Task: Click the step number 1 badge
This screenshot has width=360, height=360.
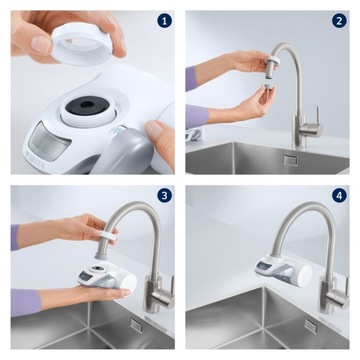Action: tap(165, 20)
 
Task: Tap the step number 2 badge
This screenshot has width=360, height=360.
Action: tap(339, 20)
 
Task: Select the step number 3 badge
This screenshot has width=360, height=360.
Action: tap(165, 196)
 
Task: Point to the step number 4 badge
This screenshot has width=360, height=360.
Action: tap(339, 196)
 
